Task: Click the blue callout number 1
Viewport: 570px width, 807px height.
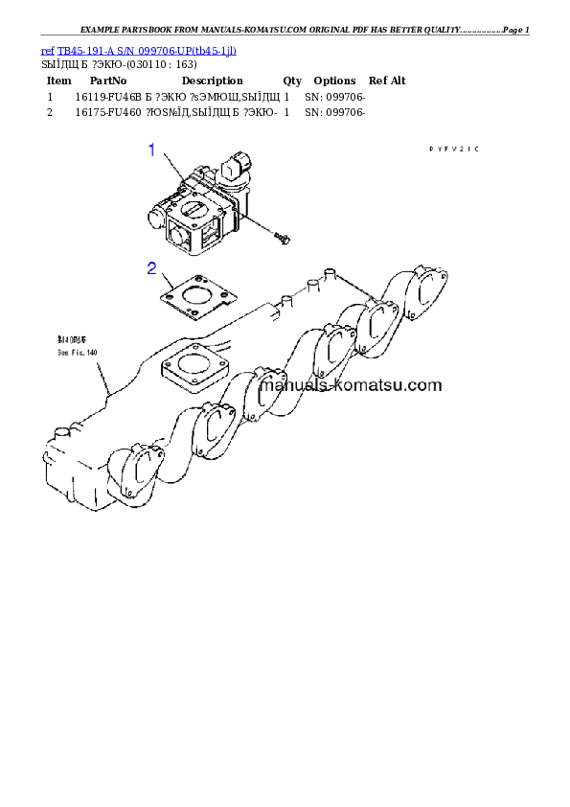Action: [x=150, y=150]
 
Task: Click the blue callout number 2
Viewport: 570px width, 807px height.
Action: [x=151, y=267]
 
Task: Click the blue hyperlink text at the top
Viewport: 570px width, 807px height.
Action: [x=139, y=49]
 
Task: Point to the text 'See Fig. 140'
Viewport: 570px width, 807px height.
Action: [x=77, y=353]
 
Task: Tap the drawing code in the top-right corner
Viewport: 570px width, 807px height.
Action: [x=453, y=149]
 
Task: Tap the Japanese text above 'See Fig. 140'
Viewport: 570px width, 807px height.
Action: [x=74, y=340]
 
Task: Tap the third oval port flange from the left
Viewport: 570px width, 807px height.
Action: [x=265, y=392]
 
